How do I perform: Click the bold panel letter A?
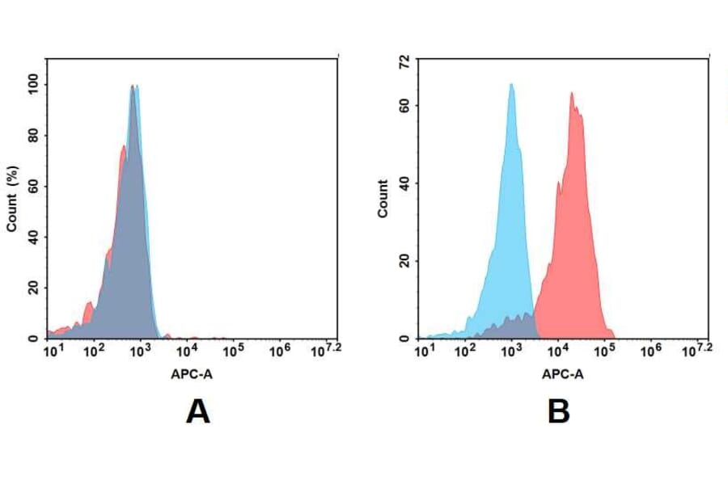tap(197, 412)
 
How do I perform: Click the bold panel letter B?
tap(559, 412)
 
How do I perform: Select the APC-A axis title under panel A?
tap(192, 374)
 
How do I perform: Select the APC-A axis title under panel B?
tap(562, 374)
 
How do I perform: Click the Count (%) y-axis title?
tap(12, 200)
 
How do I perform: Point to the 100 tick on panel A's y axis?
tap(33, 85)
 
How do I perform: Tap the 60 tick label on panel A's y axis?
tap(33, 187)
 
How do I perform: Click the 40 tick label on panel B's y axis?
tap(404, 183)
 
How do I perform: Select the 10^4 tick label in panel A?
tap(187, 352)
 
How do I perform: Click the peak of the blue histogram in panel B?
tap(511, 85)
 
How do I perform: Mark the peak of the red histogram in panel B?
tap(571, 94)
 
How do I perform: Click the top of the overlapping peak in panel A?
tap(133, 86)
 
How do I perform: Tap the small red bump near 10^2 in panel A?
tap(88, 305)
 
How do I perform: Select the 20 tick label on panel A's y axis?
tap(33, 288)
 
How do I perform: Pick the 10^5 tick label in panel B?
tap(603, 352)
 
